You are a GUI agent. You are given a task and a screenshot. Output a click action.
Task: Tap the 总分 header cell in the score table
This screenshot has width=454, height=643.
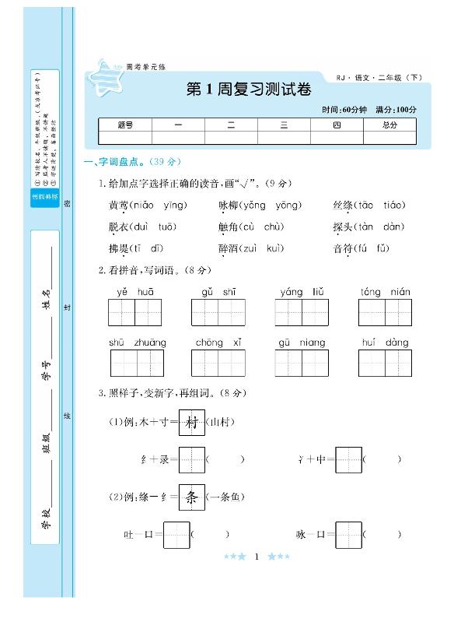coord(389,125)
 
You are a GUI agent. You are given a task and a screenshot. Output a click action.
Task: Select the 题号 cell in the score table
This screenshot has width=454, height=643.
coord(126,125)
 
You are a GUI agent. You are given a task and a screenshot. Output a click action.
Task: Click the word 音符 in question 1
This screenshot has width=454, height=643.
coord(342,248)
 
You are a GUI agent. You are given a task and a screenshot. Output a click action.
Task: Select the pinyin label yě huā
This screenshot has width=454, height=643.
coord(135,292)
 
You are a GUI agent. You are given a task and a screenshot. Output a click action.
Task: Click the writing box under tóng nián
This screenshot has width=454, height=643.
coord(385,312)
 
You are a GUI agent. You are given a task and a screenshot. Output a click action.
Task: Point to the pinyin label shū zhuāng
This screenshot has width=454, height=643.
coord(138,343)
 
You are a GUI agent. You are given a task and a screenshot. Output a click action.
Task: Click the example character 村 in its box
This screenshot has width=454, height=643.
coord(192,423)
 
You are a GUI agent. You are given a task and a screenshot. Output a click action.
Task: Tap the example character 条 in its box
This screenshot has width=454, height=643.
coord(192,497)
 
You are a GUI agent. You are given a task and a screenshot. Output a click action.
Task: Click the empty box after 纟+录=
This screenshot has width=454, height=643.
coord(192,459)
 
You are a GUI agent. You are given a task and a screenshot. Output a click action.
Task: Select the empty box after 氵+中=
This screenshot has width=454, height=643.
coord(349,459)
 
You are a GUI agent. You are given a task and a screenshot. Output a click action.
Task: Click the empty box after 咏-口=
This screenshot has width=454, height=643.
coord(349,535)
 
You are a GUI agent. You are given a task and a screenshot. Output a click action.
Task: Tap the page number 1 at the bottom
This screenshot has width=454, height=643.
coord(256,557)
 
